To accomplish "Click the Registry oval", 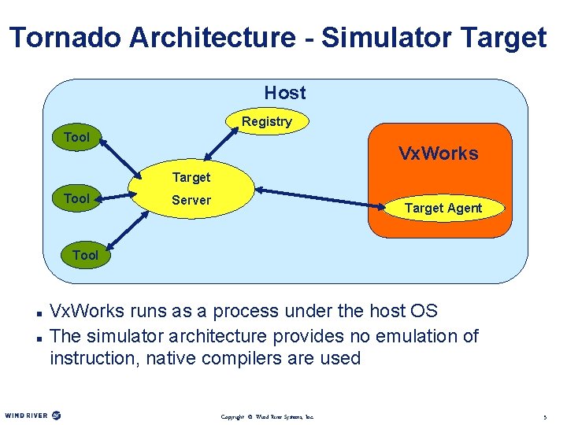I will [267, 122].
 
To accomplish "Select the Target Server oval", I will [191, 190].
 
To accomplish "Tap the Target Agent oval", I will [443, 208].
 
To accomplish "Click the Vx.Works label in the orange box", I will [438, 153].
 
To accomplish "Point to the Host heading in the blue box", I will [285, 93].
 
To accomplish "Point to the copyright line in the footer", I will [268, 416].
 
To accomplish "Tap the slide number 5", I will [545, 416].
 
